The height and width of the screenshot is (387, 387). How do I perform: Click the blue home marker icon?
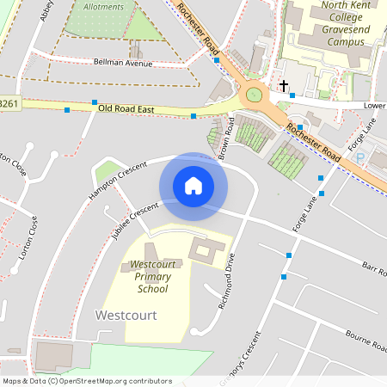coord(193,186)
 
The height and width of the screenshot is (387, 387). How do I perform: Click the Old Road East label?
coord(126,109)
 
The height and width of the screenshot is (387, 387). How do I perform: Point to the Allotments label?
coord(105,6)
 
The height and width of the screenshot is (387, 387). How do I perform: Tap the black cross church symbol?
coord(283,86)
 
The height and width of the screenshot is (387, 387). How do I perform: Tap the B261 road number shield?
coord(9,103)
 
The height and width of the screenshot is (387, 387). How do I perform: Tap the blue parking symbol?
coord(359,158)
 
